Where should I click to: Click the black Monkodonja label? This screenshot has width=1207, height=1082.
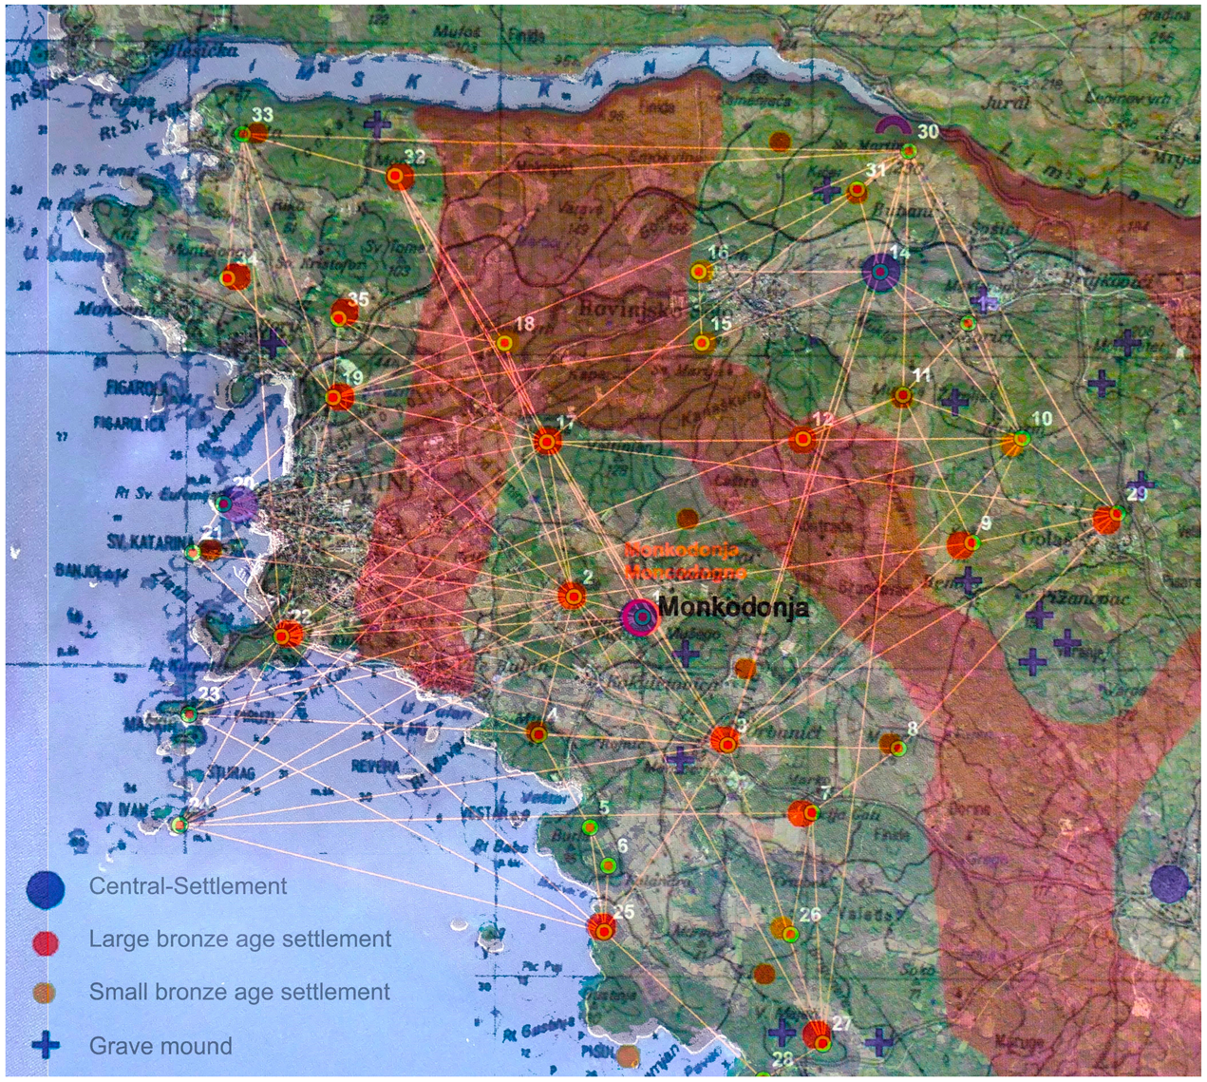733,607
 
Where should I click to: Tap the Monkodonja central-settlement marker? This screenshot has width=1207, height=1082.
641,617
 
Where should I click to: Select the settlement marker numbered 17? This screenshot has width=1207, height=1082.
547,442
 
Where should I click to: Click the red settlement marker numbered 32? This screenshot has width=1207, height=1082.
401,177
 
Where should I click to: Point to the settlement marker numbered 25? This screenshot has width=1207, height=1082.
601,927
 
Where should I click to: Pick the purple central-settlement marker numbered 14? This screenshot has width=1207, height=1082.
880,273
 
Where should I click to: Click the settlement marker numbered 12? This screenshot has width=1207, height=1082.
803,439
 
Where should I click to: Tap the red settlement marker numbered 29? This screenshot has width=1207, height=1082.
1107,519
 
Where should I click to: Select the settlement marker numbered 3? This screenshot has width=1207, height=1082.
726,741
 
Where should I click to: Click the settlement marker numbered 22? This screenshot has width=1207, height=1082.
288,635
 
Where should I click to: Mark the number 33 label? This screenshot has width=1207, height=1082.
262,115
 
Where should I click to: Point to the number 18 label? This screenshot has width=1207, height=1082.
524,323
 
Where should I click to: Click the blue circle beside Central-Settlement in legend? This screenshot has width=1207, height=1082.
46,888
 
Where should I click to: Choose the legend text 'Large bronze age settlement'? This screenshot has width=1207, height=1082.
239,940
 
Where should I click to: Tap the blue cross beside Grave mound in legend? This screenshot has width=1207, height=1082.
46,1046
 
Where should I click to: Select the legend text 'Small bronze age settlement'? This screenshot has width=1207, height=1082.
239,993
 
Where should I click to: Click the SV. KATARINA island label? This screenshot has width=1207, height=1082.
150,542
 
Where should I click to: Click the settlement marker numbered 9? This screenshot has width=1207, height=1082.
963,545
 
